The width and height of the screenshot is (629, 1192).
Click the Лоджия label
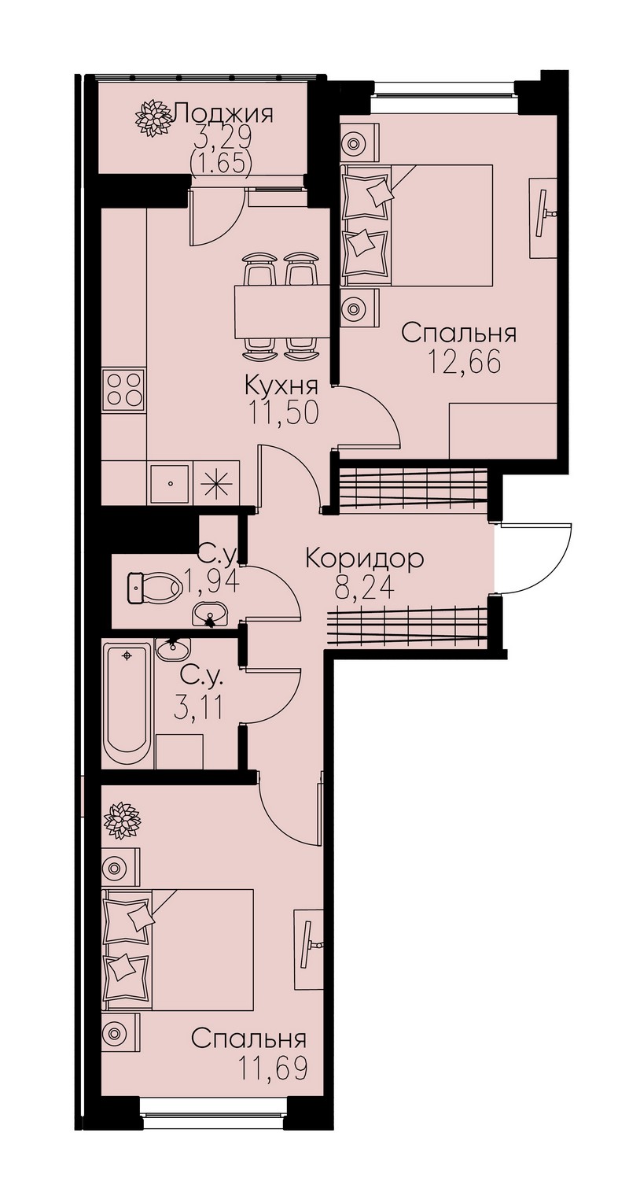[224, 113]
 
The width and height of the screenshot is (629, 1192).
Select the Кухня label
[281, 385]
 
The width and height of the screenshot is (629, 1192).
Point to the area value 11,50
[285, 412]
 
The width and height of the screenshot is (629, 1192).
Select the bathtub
[127, 703]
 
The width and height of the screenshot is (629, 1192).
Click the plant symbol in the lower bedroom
[122, 820]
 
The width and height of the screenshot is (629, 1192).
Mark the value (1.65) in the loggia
[220, 164]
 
